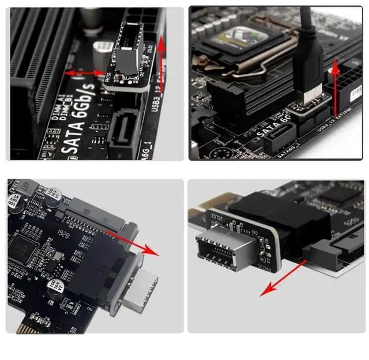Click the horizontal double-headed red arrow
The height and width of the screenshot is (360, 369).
click(84, 73)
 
